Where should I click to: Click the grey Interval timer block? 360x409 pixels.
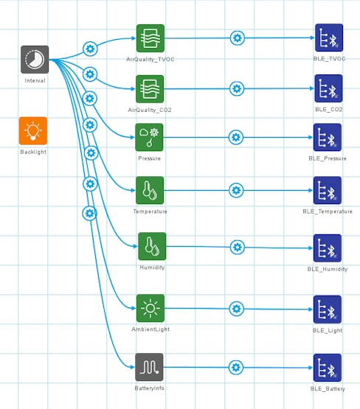[35, 60]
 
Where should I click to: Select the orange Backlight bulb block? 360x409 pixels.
[33, 130]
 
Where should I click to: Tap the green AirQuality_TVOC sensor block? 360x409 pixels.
[150, 38]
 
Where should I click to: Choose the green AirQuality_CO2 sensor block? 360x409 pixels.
[150, 89]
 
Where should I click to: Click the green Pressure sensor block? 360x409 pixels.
[149, 137]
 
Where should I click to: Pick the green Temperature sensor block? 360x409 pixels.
[150, 190]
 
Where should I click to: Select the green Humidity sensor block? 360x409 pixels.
[152, 246]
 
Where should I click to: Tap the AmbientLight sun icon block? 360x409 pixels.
[150, 308]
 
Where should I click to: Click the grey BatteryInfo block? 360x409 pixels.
[149, 367]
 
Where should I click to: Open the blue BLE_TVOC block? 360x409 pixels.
[329, 38]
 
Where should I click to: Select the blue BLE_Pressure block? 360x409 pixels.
[328, 137]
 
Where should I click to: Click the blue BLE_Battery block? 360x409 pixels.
[328, 368]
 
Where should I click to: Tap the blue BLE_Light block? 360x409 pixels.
[328, 310]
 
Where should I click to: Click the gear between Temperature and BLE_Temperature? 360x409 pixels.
[236, 190]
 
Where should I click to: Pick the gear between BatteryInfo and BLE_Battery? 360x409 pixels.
[236, 367]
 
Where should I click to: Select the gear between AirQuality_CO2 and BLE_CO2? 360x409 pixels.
[237, 88]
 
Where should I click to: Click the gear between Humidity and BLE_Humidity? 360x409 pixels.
[238, 247]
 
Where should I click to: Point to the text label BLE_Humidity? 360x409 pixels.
[328, 269]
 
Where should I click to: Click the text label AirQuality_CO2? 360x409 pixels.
[150, 110]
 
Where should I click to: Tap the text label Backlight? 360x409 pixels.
[33, 152]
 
